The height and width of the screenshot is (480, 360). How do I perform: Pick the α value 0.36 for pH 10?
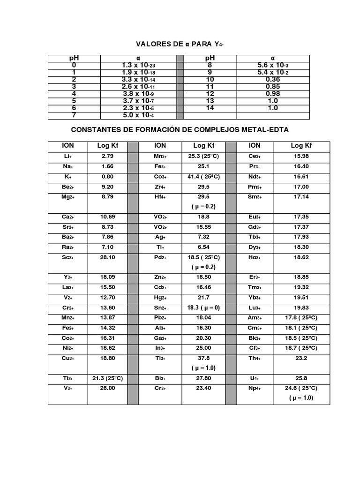pos(272,80)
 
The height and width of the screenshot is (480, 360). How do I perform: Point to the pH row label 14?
pos(210,108)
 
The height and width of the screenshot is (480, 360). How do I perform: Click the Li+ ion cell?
pos(67,156)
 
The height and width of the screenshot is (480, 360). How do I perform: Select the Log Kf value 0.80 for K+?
pos(107,177)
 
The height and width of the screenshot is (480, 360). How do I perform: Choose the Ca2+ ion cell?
pos(67,217)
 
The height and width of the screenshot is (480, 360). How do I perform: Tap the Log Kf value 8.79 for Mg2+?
pos(107,197)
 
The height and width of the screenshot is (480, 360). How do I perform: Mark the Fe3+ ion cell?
pos(160,166)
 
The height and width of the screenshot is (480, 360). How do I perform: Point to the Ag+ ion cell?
pos(160,238)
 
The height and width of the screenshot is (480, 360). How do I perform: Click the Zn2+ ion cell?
pos(160,277)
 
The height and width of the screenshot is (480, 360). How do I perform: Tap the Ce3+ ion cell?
pos(255,156)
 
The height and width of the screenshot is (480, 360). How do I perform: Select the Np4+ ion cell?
pos(255,388)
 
